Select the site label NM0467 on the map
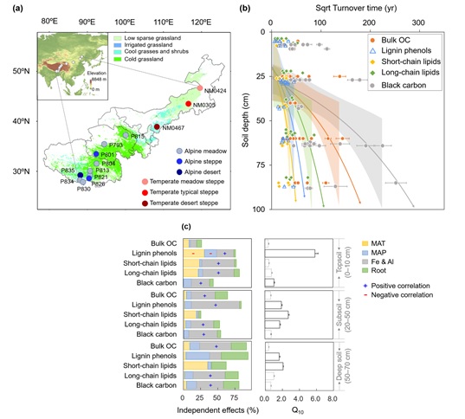[175, 128]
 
